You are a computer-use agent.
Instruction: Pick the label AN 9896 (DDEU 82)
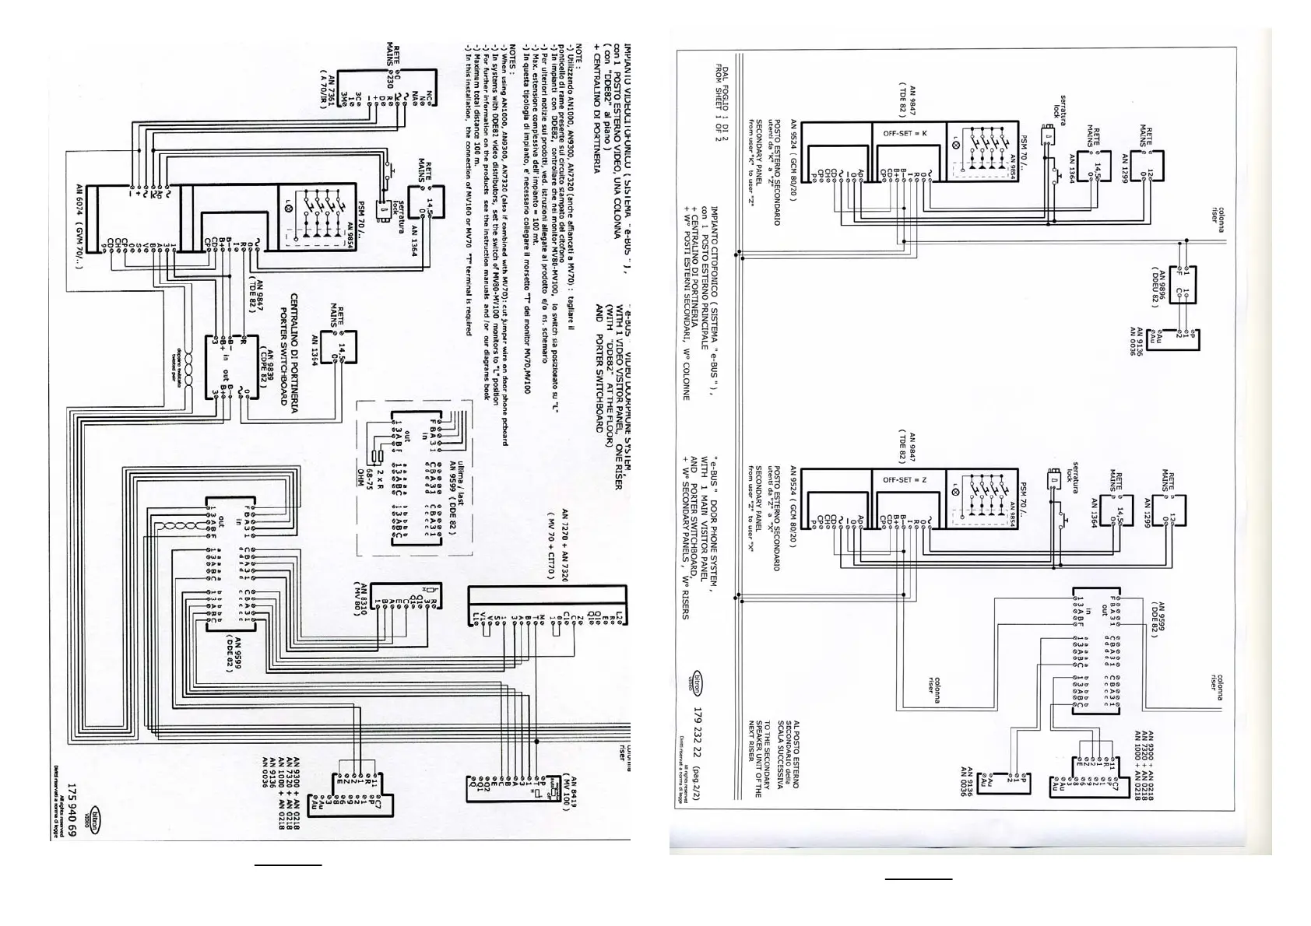click(1158, 288)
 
